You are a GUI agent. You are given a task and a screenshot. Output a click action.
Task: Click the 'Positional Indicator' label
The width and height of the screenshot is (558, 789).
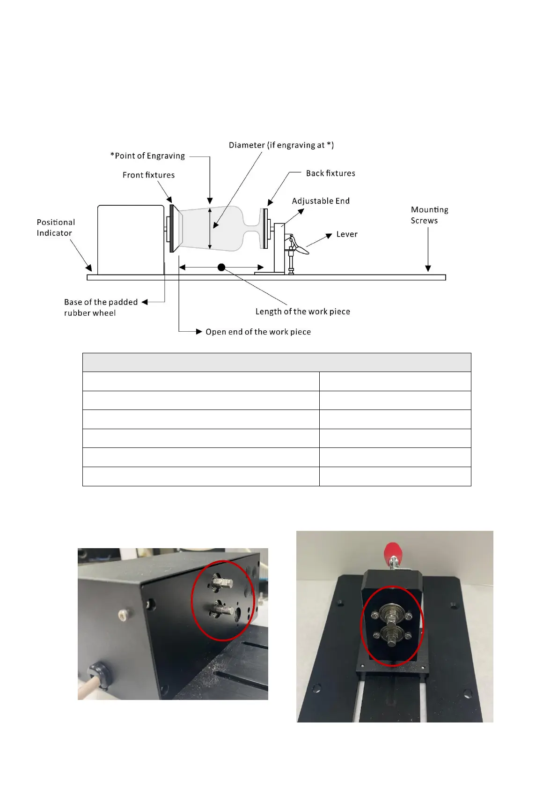coord(56,228)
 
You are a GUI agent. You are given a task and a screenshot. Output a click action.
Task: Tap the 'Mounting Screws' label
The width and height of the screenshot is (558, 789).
coord(429,215)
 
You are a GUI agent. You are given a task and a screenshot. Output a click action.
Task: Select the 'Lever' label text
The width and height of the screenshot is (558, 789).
coord(346,234)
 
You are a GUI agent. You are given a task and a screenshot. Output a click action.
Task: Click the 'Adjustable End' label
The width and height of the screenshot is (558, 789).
coord(321,201)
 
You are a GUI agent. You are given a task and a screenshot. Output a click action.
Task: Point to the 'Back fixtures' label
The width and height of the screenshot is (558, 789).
coord(330,173)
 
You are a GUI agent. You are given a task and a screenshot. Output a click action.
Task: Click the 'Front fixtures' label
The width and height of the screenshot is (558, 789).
coord(148,175)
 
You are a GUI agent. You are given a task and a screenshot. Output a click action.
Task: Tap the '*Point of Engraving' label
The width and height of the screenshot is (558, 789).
coord(148,156)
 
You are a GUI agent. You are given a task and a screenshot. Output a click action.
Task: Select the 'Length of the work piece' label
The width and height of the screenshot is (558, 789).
coord(302,312)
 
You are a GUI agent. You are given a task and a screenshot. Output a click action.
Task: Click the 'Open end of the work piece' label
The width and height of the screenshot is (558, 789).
coord(258,332)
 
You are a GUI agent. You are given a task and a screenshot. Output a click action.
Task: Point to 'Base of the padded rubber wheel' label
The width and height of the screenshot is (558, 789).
coord(101,307)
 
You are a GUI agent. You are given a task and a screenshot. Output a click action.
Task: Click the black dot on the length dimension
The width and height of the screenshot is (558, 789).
coord(221,268)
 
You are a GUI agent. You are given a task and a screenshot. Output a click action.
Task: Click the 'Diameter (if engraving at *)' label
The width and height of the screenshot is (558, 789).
coord(281,145)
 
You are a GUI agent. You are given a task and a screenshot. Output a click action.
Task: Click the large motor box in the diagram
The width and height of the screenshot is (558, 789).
coord(131,239)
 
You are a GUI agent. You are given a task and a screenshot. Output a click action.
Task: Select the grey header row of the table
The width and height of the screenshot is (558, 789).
coord(277,363)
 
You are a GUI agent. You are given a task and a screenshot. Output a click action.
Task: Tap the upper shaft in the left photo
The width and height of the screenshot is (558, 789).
coord(222,583)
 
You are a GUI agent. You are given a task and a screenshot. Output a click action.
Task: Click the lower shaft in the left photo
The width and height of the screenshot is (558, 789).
coord(223,610)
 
